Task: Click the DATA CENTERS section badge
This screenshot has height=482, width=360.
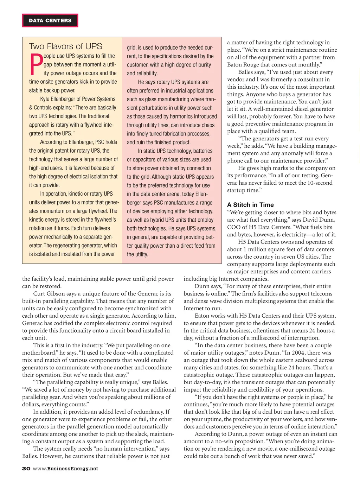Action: click(x=50, y=20)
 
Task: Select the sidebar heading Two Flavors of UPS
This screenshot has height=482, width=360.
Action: click(x=65, y=46)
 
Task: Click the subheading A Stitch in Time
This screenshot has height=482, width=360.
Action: click(x=250, y=205)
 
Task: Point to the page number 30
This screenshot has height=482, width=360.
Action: click(x=26, y=469)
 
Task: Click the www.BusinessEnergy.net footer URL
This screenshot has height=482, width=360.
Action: click(x=65, y=469)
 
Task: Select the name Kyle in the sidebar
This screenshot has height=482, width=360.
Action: click(x=45, y=99)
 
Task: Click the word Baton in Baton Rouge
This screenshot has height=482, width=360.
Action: click(x=234, y=65)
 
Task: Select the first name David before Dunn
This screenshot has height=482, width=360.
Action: click(x=311, y=220)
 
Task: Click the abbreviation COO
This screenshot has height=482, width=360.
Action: click(x=233, y=227)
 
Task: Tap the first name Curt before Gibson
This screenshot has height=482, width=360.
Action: click(x=39, y=294)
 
